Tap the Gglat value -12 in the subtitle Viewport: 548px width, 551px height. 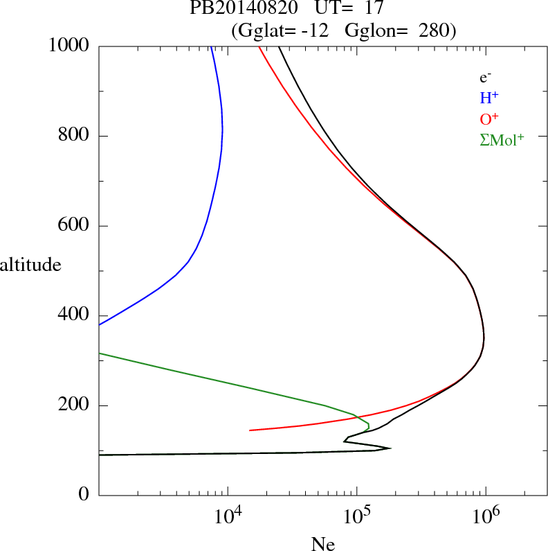[309, 30]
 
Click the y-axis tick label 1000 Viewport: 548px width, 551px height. [69, 46]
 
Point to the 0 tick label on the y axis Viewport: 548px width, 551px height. [84, 496]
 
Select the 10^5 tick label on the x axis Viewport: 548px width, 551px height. [356, 516]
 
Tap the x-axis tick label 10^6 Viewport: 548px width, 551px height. [486, 516]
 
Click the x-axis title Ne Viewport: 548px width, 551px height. [322, 544]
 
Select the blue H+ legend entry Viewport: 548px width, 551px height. [489, 98]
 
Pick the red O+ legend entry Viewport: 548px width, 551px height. [489, 119]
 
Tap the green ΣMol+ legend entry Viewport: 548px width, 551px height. [501, 140]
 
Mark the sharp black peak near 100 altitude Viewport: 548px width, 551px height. [390, 448]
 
